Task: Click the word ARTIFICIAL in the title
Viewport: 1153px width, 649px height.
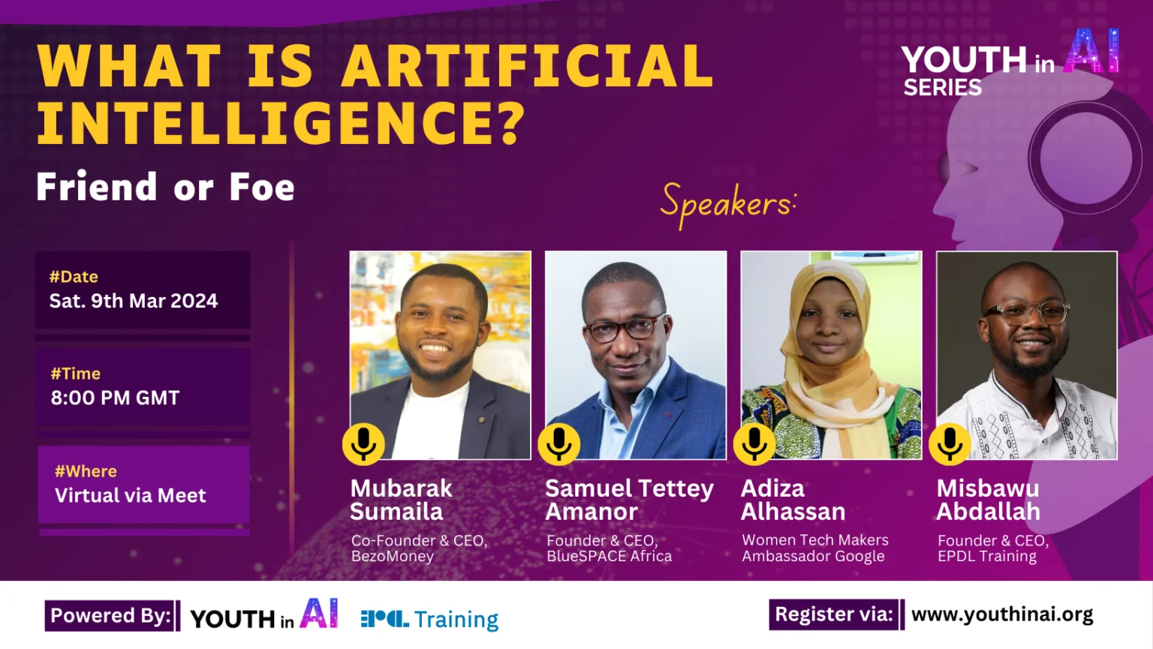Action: pyautogui.click(x=528, y=66)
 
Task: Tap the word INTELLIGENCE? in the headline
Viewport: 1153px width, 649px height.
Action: pyautogui.click(x=281, y=123)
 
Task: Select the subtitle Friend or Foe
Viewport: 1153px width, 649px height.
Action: pyautogui.click(x=166, y=187)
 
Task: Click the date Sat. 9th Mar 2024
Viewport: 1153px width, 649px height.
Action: pyautogui.click(x=134, y=301)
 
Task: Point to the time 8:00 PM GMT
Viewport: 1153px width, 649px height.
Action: pyautogui.click(x=116, y=398)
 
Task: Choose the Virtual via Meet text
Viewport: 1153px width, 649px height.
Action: pyautogui.click(x=131, y=495)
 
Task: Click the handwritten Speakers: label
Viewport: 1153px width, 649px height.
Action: pyautogui.click(x=727, y=204)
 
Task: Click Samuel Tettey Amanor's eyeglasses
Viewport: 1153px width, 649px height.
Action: pyautogui.click(x=624, y=328)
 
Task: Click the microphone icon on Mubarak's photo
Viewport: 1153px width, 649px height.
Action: pyautogui.click(x=364, y=443)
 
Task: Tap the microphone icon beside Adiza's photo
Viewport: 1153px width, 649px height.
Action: pyautogui.click(x=754, y=443)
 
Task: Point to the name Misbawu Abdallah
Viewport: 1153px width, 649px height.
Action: pyautogui.click(x=989, y=500)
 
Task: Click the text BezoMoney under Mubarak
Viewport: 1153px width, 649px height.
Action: pyautogui.click(x=393, y=557)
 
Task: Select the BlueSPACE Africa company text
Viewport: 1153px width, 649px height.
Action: pyautogui.click(x=610, y=557)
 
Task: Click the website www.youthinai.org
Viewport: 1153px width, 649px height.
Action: pyautogui.click(x=1002, y=614)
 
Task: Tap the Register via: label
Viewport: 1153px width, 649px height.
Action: pyautogui.click(x=834, y=614)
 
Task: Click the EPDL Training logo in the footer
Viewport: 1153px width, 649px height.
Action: pyautogui.click(x=429, y=619)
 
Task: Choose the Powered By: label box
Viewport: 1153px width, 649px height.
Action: pyautogui.click(x=111, y=616)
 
